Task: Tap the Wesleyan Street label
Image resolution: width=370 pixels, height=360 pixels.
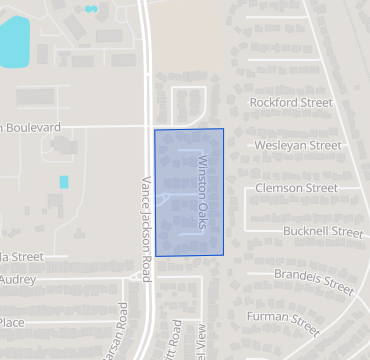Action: pos(299,145)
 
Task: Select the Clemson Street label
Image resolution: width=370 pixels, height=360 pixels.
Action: pos(297,188)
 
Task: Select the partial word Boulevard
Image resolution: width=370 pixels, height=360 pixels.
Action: pos(33,128)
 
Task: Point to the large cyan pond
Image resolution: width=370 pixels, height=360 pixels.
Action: pos(12,40)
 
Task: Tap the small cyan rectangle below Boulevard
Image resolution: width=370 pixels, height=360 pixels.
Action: pos(64,182)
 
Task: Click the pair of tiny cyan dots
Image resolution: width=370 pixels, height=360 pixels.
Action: pos(92,9)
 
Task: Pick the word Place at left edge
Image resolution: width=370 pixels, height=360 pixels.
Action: pos(12,322)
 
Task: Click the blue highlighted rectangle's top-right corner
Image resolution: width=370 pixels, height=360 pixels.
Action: pos(223,129)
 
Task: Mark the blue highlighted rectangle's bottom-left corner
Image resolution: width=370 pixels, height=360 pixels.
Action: pos(155,256)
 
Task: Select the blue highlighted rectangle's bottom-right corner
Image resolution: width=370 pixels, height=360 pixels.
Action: pos(223,255)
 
